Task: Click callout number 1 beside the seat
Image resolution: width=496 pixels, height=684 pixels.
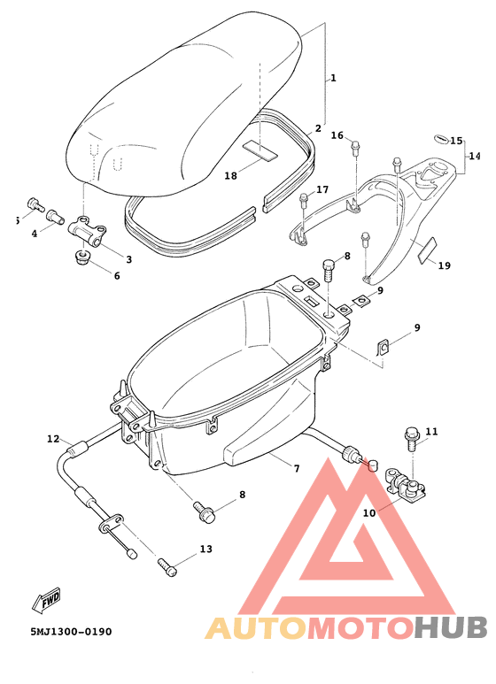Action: (333, 79)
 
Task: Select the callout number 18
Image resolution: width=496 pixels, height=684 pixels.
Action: (230, 176)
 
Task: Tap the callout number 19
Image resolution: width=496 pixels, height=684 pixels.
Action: (444, 265)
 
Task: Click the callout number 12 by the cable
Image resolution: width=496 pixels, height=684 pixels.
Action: (53, 439)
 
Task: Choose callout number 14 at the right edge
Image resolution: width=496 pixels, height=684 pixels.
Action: (475, 155)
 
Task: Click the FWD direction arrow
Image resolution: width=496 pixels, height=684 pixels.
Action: (43, 603)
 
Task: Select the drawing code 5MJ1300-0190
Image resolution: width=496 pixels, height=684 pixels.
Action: (58, 632)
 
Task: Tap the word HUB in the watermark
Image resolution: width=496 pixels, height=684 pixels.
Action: (451, 627)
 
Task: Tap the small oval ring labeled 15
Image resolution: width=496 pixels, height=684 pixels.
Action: (438, 138)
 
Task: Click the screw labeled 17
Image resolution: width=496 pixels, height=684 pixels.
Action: (305, 199)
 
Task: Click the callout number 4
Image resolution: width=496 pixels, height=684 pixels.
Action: (35, 234)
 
